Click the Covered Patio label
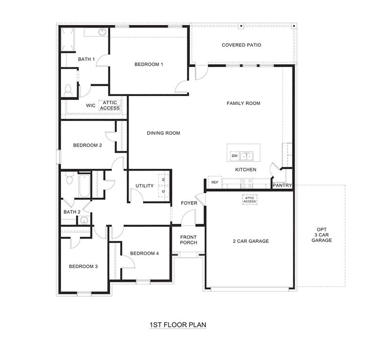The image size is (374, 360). pos(241,45)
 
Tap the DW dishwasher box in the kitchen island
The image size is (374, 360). pos(234,156)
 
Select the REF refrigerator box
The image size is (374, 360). pos(215,182)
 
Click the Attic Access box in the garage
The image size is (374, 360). pos(250,200)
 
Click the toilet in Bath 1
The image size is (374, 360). pos(68,90)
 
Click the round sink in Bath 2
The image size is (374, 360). pos(84,221)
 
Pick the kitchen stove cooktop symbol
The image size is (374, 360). pos(247,183)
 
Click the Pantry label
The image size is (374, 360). pos(282,186)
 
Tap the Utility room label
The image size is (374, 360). pos(145,186)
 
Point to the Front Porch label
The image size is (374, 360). pos(189,240)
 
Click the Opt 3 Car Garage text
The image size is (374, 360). pos(322,235)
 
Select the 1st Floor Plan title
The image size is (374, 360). pos(178,324)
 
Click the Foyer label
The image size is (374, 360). pos(189,203)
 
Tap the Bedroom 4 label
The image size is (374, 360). pos(145,254)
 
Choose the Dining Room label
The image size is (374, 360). pos(163,133)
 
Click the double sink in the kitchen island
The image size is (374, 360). pos(247,156)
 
